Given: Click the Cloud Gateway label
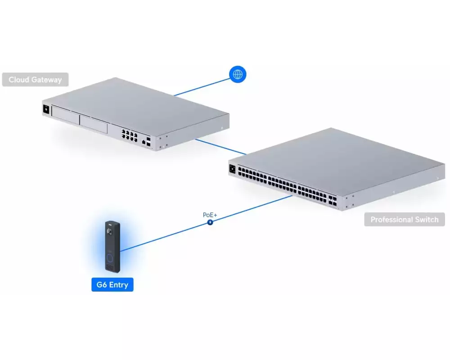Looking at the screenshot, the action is pyautogui.click(x=35, y=80).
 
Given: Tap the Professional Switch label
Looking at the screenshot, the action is pyautogui.click(x=405, y=220).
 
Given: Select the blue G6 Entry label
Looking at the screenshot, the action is pyautogui.click(x=112, y=284).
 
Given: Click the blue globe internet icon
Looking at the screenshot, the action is pyautogui.click(x=238, y=74).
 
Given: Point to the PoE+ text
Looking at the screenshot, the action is pyautogui.click(x=210, y=215).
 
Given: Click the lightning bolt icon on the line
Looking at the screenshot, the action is pyautogui.click(x=210, y=222).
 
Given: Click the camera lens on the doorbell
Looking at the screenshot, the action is pyautogui.click(x=109, y=232).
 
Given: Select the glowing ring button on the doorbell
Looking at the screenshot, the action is pyautogui.click(x=110, y=258).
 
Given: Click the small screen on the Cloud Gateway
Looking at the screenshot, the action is pyautogui.click(x=46, y=109).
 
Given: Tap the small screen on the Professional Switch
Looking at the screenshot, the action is pyautogui.click(x=232, y=169).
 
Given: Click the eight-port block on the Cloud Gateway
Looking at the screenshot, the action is pyautogui.click(x=129, y=135).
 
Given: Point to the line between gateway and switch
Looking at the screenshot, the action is pyautogui.click(x=220, y=147).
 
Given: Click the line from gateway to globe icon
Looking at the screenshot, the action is pyautogui.click(x=202, y=87).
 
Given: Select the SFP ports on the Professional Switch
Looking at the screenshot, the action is pyautogui.click(x=333, y=201).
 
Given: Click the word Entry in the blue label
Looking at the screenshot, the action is pyautogui.click(x=118, y=285).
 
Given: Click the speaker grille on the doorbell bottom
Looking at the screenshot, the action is pyautogui.click(x=110, y=268).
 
